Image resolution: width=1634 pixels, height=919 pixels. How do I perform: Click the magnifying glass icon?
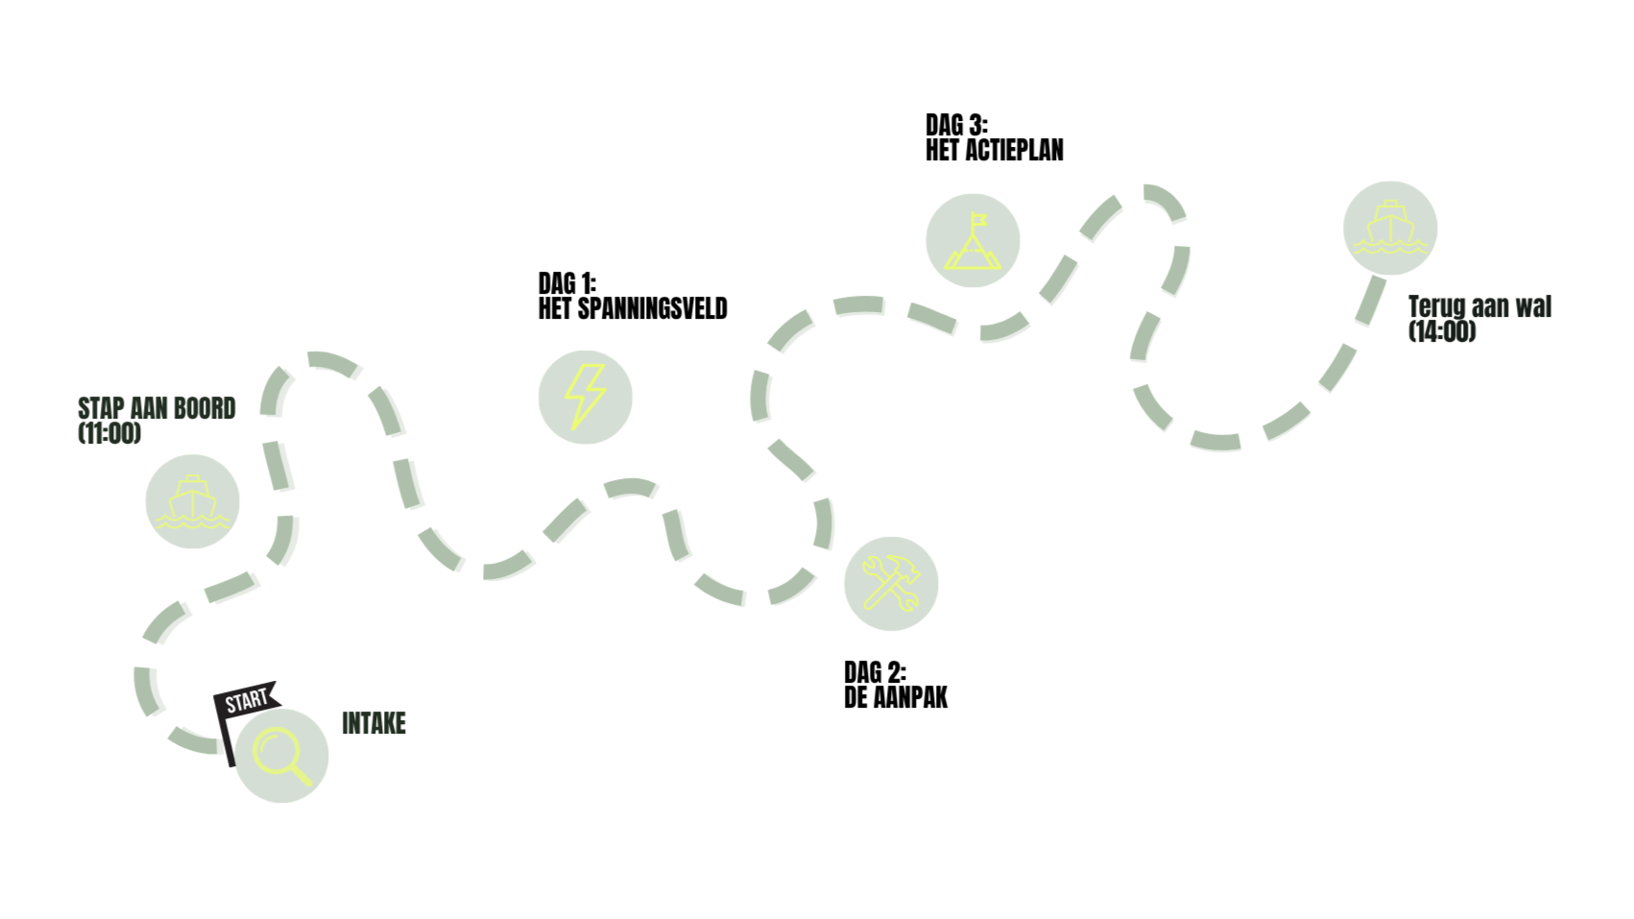click(x=281, y=756)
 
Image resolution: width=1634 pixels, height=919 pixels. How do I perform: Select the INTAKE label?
click(x=374, y=723)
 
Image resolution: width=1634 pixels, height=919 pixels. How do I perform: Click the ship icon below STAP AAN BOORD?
click(x=193, y=501)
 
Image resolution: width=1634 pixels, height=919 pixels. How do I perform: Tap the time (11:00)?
click(x=109, y=433)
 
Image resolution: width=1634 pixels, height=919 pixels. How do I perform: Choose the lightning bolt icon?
click(x=585, y=397)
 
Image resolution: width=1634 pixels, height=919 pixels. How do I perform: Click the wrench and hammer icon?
click(x=891, y=583)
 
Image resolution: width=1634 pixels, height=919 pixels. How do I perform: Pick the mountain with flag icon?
click(x=973, y=241)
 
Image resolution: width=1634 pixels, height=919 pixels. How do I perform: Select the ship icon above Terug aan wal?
click(x=1390, y=228)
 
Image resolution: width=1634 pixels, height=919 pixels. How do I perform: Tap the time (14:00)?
click(x=1442, y=331)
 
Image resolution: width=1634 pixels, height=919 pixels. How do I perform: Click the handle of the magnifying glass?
click(x=300, y=774)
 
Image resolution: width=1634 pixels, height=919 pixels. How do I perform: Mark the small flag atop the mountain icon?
click(x=978, y=219)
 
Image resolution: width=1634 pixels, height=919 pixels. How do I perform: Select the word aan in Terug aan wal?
click(x=1490, y=307)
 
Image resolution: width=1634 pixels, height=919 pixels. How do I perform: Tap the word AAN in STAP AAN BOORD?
click(x=149, y=409)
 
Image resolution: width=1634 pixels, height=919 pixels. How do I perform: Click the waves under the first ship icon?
click(x=192, y=521)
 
